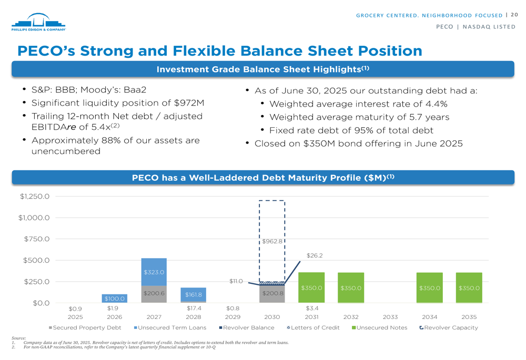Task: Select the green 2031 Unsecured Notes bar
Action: click(311, 287)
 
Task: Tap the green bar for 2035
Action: click(469, 287)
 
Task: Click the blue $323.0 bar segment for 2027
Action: click(154, 272)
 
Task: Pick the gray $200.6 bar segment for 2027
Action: click(154, 294)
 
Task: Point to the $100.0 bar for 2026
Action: click(115, 299)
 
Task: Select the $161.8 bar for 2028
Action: click(193, 295)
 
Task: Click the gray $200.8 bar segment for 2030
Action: click(272, 294)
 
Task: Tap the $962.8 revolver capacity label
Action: click(272, 242)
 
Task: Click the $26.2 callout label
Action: click(314, 255)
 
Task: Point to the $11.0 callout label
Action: click(236, 281)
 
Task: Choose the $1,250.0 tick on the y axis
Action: click(35, 197)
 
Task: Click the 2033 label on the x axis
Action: click(390, 317)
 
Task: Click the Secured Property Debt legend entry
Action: click(84, 327)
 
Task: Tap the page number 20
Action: click(514, 15)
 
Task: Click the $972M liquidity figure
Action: click(189, 103)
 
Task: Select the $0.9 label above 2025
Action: click(75, 308)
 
